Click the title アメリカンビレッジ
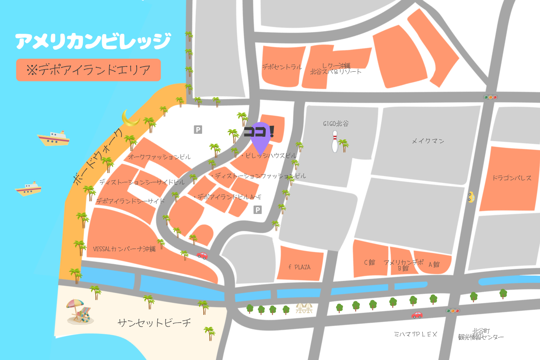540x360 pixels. point(93,41)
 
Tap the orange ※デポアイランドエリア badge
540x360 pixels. point(89,70)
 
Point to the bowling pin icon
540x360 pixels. point(335,141)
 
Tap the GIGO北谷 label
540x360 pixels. point(336,124)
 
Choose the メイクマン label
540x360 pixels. point(428,141)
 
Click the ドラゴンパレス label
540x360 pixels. point(512,178)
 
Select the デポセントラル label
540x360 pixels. point(282,67)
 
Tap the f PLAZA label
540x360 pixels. point(300,267)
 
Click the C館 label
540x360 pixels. point(370,262)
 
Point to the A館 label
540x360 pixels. point(434,265)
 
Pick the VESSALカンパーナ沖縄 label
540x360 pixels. point(124,249)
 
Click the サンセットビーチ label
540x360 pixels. point(154,323)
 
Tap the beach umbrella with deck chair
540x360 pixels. point(79,311)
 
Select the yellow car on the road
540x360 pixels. point(471,197)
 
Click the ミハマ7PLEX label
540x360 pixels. point(416,334)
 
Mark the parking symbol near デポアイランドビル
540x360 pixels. point(257,210)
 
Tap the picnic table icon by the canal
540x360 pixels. point(304,308)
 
